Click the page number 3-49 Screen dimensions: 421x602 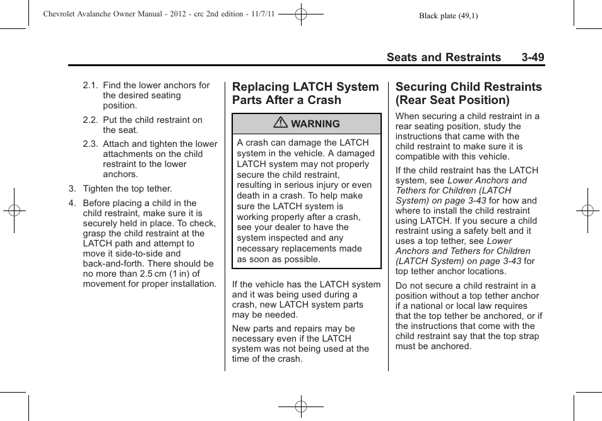point(533,57)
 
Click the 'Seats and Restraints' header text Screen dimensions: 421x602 point(444,57)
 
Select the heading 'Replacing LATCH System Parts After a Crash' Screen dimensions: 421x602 point(305,93)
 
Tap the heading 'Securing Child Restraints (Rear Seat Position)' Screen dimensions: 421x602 point(468,93)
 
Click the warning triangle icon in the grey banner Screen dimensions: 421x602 point(281,124)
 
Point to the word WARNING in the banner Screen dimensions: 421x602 point(315,124)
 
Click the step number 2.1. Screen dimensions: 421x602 point(90,86)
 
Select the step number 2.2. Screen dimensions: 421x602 point(90,120)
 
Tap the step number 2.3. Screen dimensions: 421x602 point(90,144)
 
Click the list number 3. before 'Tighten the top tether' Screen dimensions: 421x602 point(73,188)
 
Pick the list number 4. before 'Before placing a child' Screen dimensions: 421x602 point(73,204)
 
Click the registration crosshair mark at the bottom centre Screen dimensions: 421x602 point(301,408)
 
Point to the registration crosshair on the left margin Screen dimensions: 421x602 point(14,211)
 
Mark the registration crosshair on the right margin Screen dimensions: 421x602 point(587,211)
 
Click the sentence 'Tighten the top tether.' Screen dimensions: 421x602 point(127,188)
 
